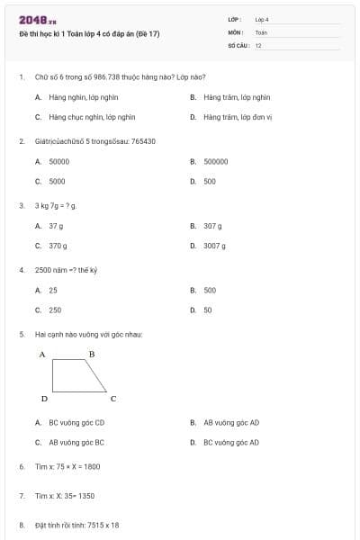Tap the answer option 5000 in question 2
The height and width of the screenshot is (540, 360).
tap(57, 181)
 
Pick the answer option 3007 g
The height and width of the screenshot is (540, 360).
tap(214, 245)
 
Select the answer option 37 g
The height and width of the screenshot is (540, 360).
tap(56, 226)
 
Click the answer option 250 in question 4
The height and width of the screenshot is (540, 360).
tap(55, 310)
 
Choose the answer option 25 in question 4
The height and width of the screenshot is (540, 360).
tap(53, 291)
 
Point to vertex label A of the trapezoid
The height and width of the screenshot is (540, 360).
tap(42, 355)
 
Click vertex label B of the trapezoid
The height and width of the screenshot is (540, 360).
tap(91, 355)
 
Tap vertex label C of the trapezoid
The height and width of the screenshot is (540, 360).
tap(112, 399)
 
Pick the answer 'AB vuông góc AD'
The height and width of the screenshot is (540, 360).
tap(231, 422)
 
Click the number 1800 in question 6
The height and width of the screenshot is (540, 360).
tap(92, 467)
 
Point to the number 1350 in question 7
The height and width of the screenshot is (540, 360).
tap(86, 496)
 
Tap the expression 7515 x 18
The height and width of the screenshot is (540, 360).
tap(103, 525)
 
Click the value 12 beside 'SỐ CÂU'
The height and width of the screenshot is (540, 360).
tap(258, 45)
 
